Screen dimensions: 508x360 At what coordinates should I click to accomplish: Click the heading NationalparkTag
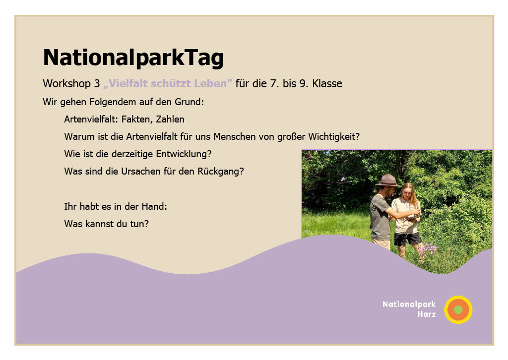coord(133,58)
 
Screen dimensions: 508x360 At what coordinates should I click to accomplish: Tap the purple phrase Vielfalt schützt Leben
coord(168,83)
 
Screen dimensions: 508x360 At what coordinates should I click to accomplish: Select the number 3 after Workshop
coord(97,83)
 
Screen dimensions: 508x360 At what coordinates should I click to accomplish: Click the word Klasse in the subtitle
coord(327,83)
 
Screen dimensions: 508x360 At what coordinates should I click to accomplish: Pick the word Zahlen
coord(170,120)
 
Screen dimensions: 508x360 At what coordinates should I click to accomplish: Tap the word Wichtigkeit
coord(334,137)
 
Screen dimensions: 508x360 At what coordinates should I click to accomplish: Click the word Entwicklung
coord(184,154)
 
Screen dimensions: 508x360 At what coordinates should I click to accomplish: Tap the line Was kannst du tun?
coord(106,224)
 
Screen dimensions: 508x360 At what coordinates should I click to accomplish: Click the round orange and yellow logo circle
coord(458,310)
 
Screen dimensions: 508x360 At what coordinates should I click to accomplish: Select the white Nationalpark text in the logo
coord(409,304)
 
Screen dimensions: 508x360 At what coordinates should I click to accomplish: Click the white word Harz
coord(427,314)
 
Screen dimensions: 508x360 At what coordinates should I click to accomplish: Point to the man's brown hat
coord(387,180)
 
